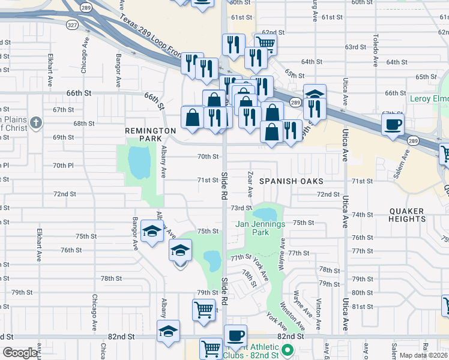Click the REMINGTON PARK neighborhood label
point(145,134)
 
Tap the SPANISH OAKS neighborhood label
point(291,181)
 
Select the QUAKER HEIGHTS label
point(407,215)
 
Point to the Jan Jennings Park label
point(259,228)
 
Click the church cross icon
point(36,123)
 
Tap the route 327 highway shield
point(72,25)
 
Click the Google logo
point(20,353)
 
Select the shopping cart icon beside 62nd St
point(265,43)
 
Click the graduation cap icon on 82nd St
point(168,330)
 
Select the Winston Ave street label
point(291,310)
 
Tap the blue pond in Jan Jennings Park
point(264,214)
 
